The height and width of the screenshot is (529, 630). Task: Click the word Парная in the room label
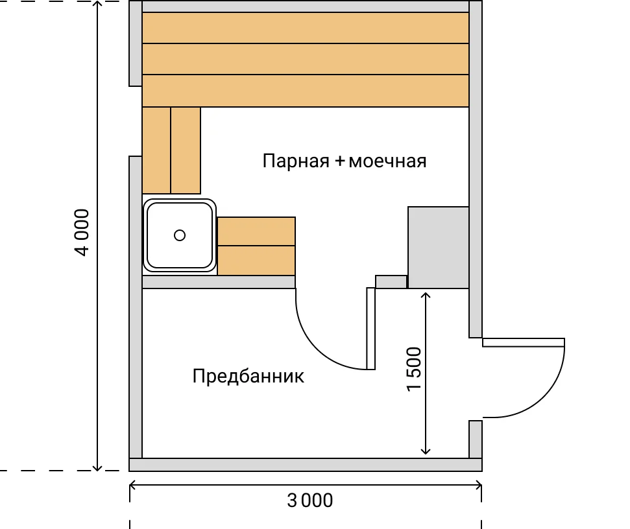point(296,161)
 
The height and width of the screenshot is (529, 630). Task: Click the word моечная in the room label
point(388,161)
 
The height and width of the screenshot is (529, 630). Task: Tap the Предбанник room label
point(248,377)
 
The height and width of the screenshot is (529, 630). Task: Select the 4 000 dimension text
point(82,232)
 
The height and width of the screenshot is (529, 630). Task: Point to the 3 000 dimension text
point(309,500)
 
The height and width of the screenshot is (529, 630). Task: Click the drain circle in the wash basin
point(180,235)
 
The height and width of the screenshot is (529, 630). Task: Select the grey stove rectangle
point(439,247)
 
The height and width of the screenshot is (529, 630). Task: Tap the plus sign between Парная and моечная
point(339,161)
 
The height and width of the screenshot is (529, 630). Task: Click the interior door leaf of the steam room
point(371,328)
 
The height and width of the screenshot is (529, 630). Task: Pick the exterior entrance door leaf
point(524,342)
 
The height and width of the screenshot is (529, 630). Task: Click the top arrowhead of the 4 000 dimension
point(97,4)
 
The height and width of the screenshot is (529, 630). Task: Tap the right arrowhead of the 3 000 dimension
point(478,486)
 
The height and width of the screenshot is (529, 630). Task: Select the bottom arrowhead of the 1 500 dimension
point(426,451)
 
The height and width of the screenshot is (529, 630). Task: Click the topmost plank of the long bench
point(306,28)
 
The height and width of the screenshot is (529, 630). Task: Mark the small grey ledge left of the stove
point(391,282)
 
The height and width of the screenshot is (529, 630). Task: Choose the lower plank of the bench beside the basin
point(256,261)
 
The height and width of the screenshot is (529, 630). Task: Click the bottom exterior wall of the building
point(306,465)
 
